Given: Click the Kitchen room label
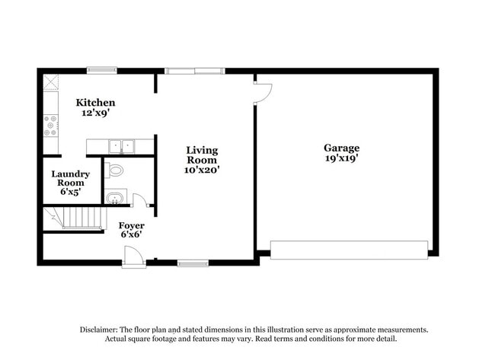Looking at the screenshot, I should [x=95, y=103].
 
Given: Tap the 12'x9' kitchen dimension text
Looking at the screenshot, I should [x=95, y=113].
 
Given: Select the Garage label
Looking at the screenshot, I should [x=341, y=148].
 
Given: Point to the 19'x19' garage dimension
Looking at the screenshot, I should [x=341, y=158].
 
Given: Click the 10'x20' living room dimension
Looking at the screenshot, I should [x=202, y=170].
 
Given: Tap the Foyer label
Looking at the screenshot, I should [x=132, y=226].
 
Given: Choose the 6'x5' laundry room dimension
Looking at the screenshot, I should [x=70, y=193].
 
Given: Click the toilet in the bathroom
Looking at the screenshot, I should [x=115, y=170].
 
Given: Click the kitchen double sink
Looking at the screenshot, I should [x=120, y=145].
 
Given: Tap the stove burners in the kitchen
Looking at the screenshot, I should [x=51, y=126].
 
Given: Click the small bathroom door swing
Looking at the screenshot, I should [x=139, y=200].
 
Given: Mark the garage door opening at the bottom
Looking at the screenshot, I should [x=349, y=250].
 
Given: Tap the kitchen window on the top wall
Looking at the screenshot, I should [x=101, y=71].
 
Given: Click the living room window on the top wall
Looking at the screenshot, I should [x=195, y=72].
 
